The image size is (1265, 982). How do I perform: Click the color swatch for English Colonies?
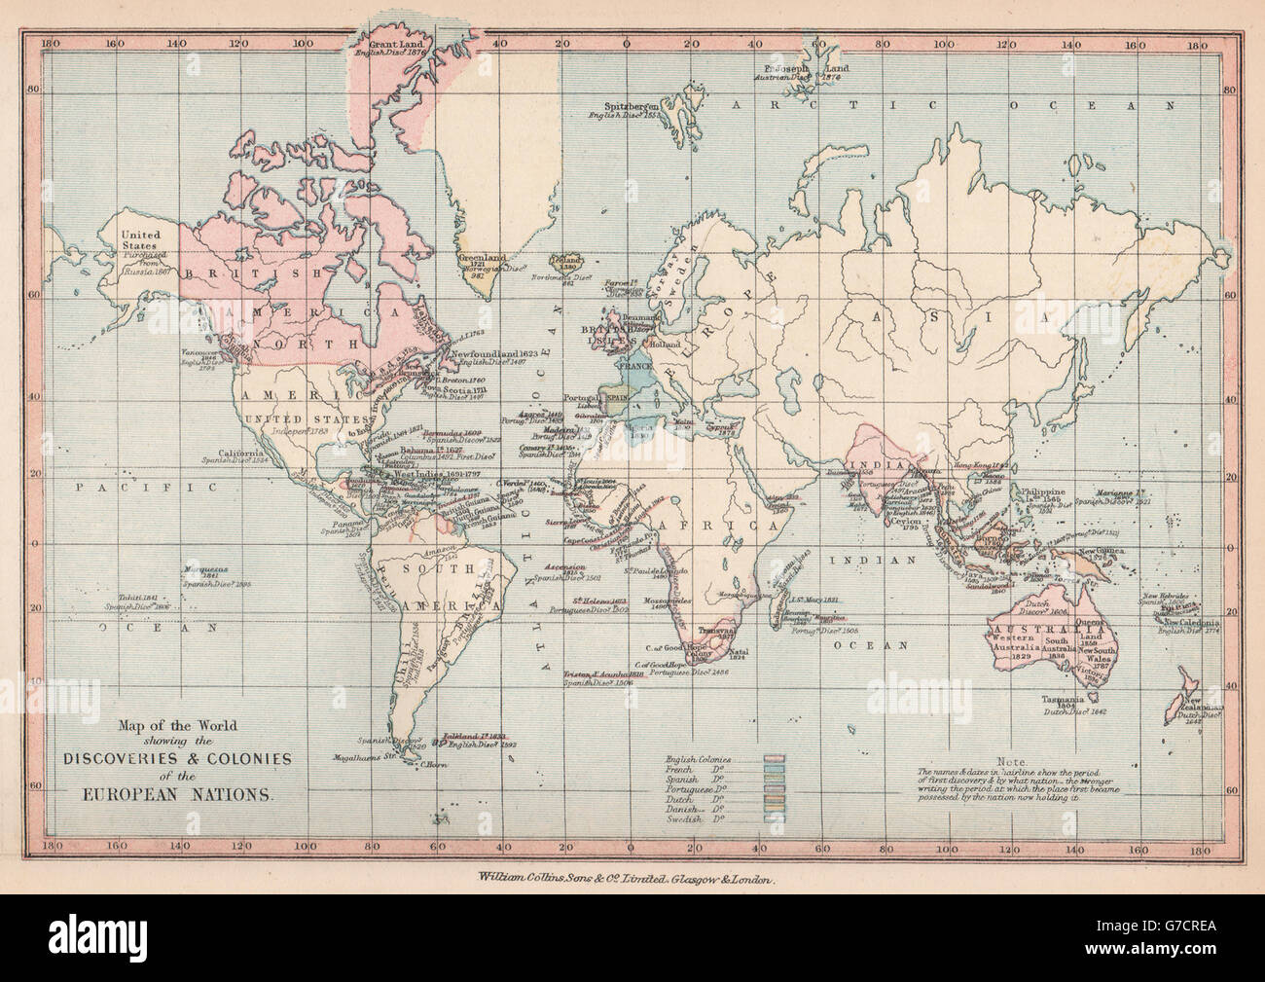(775, 759)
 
